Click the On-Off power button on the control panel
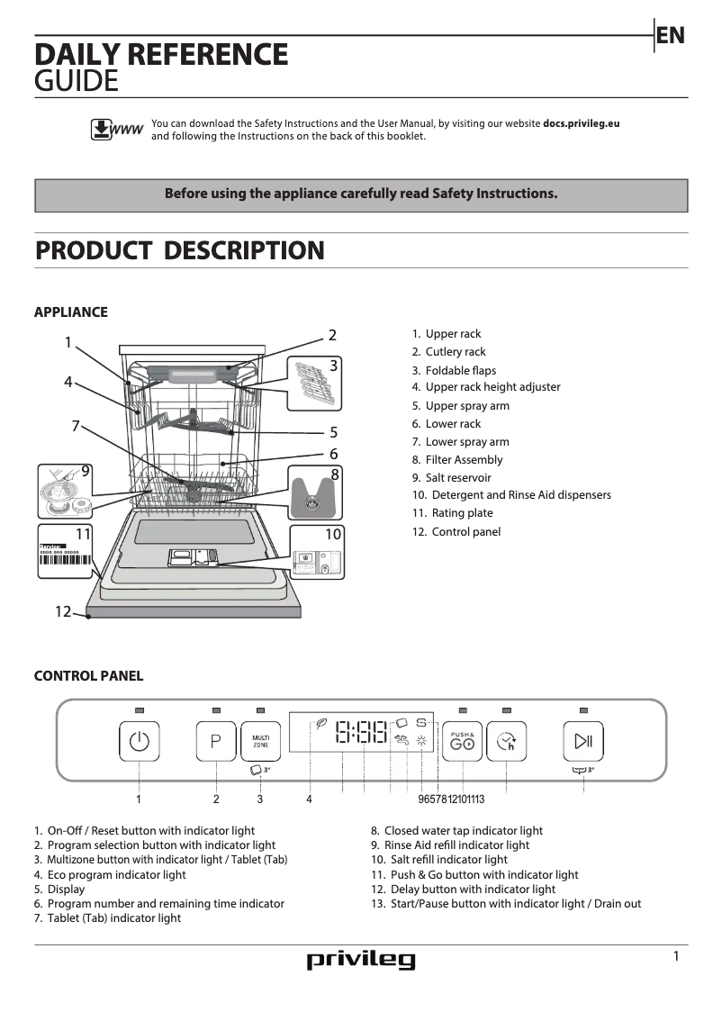click(139, 741)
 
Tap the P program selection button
click(216, 741)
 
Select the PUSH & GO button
click(462, 742)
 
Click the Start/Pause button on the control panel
click(582, 741)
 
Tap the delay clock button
click(506, 742)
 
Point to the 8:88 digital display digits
click(360, 731)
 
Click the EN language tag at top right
click(671, 36)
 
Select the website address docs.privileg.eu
click(581, 123)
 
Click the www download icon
click(114, 130)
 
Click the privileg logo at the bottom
click(361, 960)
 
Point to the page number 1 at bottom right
click(676, 956)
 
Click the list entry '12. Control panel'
click(456, 531)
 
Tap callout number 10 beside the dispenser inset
click(333, 534)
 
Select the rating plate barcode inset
click(66, 556)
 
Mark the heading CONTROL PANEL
click(88, 675)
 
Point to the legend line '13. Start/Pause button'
click(506, 903)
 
